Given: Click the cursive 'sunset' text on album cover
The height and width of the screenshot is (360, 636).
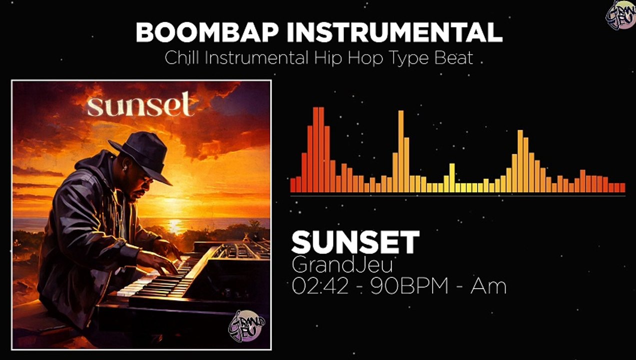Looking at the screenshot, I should pyautogui.click(x=140, y=104).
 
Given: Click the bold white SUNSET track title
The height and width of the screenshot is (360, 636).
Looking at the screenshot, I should pyautogui.click(x=355, y=242).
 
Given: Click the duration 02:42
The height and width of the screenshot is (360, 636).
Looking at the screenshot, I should pyautogui.click(x=320, y=286).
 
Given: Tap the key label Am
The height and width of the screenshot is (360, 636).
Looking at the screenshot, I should pyautogui.click(x=488, y=286).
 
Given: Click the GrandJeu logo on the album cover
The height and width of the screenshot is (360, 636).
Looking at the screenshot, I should pyautogui.click(x=246, y=326).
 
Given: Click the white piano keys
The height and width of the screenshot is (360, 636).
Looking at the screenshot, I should pyautogui.click(x=150, y=285).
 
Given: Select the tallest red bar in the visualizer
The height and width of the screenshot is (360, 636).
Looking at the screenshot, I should pyautogui.click(x=318, y=150).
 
